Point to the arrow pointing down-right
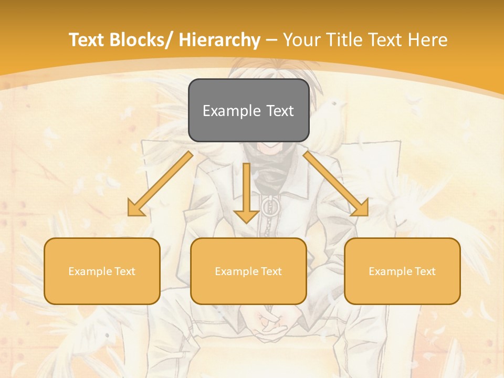336,184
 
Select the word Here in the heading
429,40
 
